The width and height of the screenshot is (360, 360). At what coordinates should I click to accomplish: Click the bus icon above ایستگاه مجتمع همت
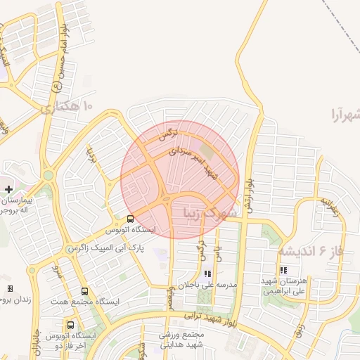coord(85,291)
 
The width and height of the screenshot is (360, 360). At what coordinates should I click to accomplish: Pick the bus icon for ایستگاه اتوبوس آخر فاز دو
coord(70,326)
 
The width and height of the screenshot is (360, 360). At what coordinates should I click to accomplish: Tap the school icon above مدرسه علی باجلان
coord(207,274)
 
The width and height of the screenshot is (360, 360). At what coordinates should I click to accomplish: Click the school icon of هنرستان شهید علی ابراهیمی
coord(283,270)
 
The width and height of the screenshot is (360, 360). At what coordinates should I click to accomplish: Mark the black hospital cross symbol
coord(8,188)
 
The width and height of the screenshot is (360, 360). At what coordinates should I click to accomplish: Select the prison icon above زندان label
coord(10,288)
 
